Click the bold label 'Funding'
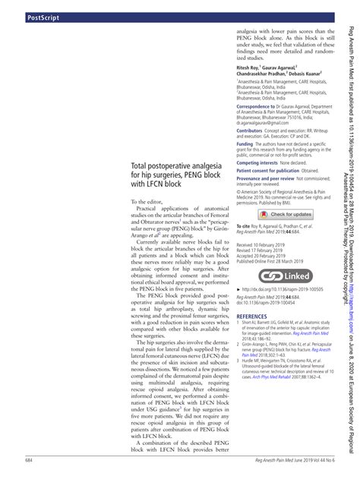pyautogui.click(x=245, y=143)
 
